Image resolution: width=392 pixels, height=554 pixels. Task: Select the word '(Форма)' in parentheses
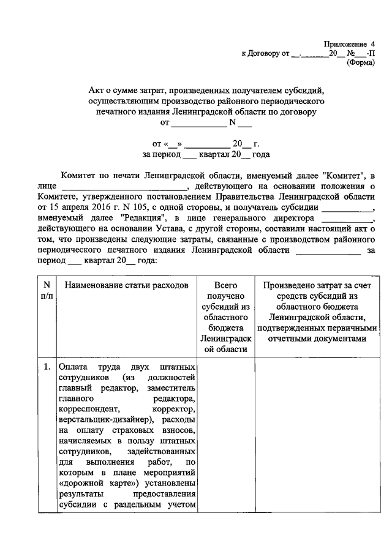pos(361,62)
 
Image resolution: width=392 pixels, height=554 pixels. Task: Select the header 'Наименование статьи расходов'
pos(126,285)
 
